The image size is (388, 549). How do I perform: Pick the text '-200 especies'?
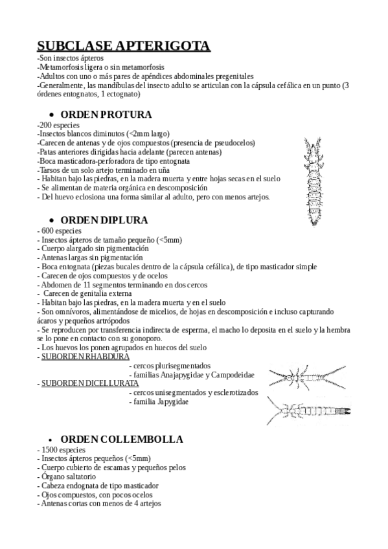coord(58,124)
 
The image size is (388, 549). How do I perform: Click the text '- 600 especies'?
coord(60,230)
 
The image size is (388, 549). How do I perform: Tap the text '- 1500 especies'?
coord(62,449)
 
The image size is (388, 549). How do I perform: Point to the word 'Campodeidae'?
coord(231,375)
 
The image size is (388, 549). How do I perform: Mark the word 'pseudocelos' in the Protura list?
coord(223,142)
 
